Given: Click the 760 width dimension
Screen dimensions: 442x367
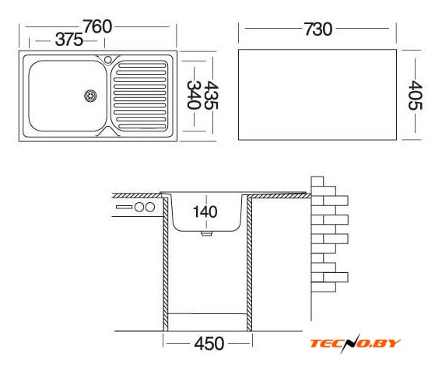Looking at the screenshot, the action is coord(97,26).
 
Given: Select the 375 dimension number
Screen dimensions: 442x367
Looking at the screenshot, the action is coord(69,40).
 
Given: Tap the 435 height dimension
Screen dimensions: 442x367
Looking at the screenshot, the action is coord(211,95).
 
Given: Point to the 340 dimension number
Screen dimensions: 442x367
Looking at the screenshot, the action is coord(194,95).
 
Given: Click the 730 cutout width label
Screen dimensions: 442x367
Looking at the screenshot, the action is coord(318,30).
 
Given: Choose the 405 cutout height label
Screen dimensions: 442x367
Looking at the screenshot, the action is coord(416,95).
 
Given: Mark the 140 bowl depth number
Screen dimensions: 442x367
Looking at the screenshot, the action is coord(205,211).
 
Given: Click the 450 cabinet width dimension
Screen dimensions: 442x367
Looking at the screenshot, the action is coord(209,344).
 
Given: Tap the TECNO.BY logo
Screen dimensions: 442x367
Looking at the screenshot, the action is coord(355,343).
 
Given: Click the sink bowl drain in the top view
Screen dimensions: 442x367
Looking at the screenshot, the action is coord(90,96).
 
